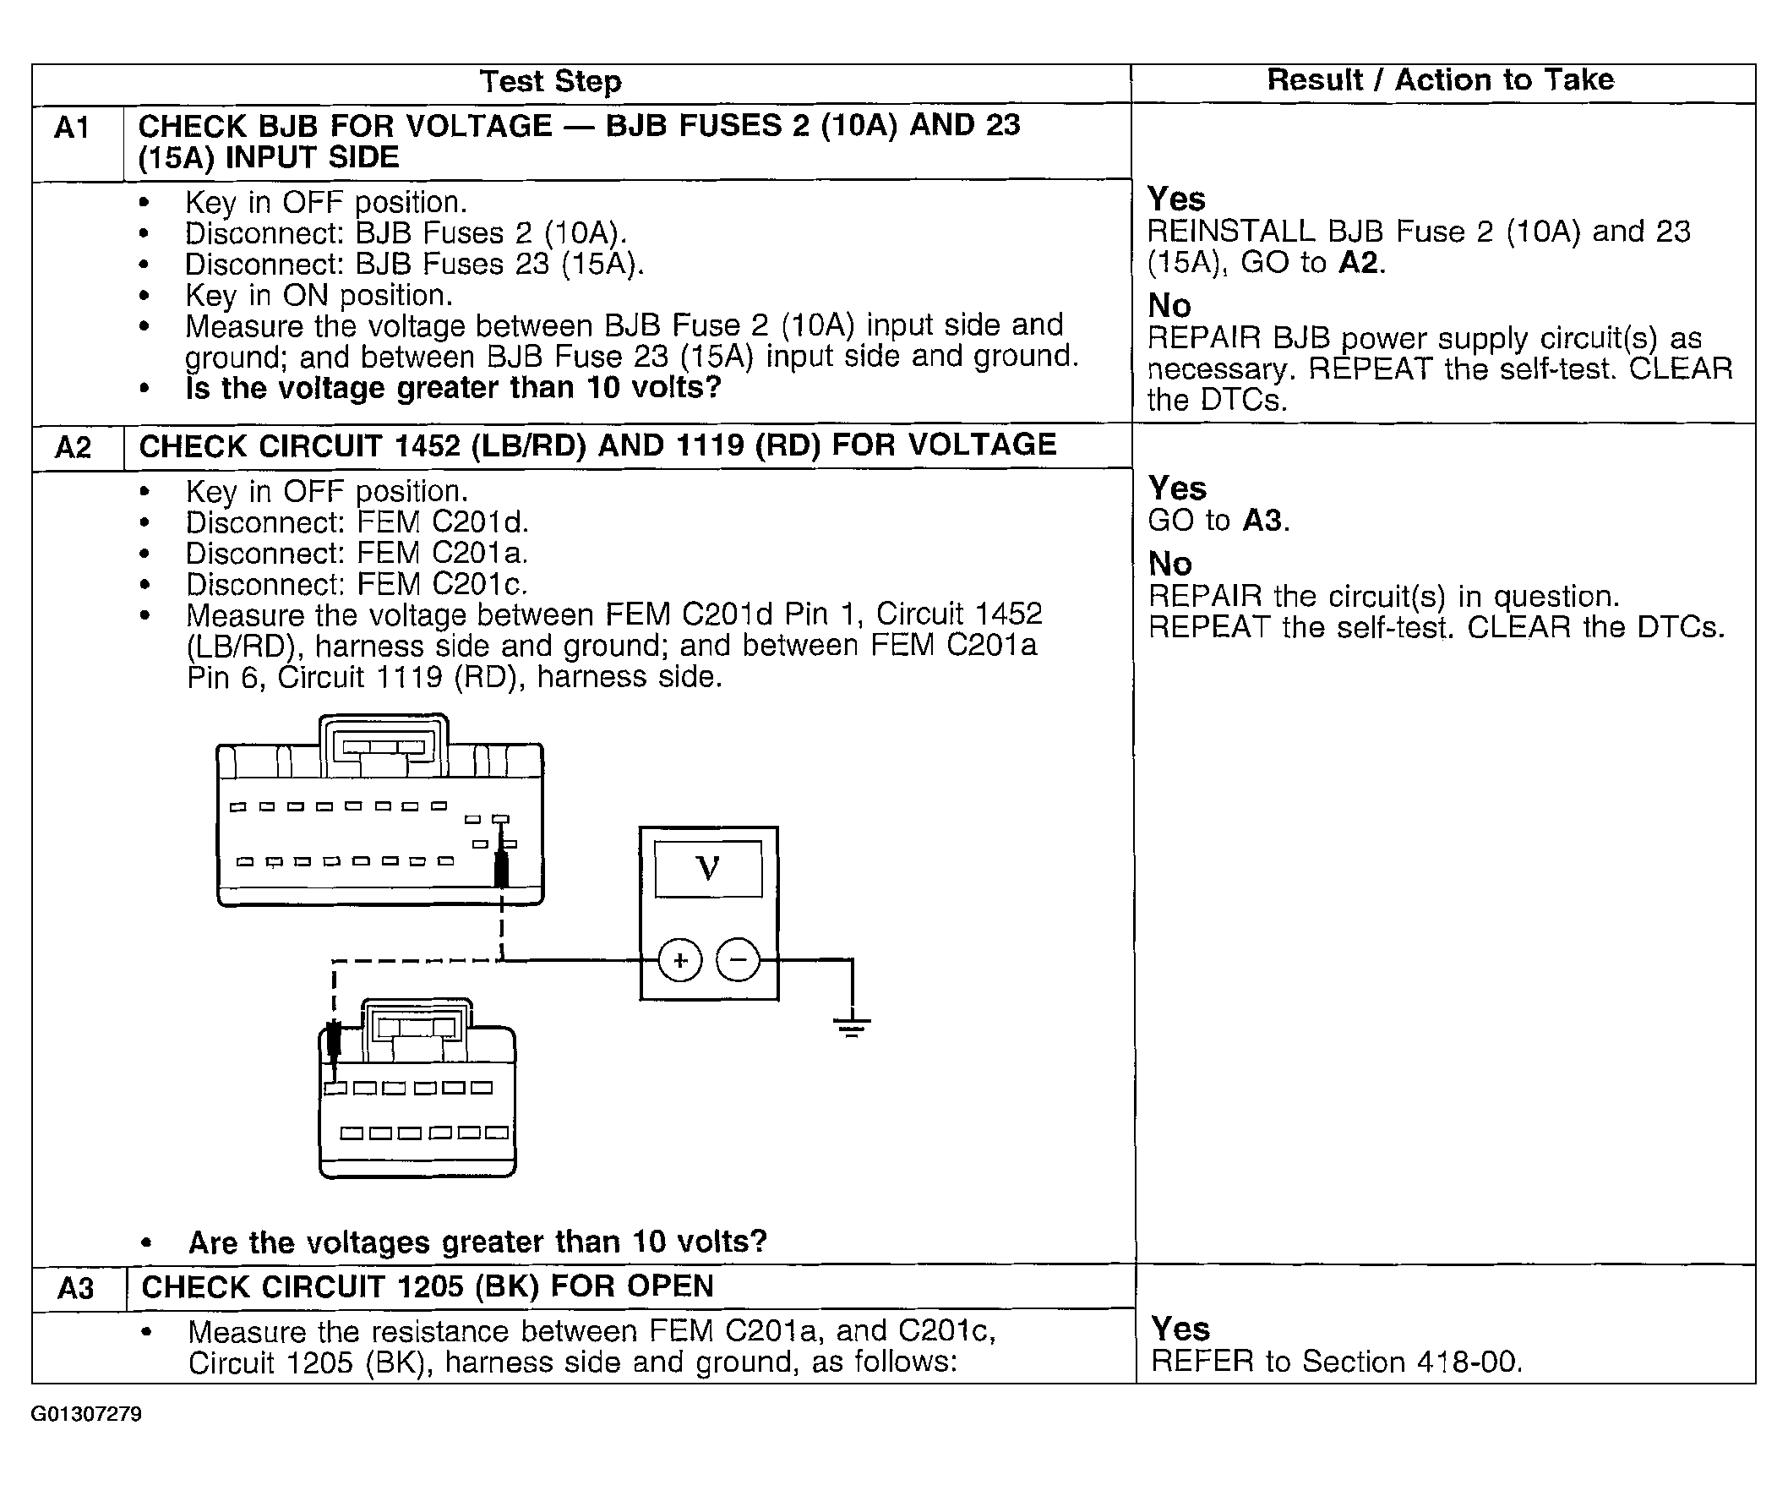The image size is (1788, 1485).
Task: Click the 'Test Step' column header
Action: click(551, 82)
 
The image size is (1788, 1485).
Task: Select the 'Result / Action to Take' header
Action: click(1440, 80)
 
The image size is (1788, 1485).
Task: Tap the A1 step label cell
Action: click(73, 128)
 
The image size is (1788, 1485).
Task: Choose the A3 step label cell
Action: click(76, 1287)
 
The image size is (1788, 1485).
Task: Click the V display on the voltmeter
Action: click(708, 869)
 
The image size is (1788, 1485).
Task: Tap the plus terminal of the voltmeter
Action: click(680, 960)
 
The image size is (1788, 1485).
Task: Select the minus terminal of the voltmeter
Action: click(738, 960)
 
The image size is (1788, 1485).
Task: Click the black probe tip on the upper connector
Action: click(501, 870)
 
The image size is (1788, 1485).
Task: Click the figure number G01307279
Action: click(87, 1414)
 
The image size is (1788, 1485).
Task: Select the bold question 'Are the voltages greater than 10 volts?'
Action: click(477, 1242)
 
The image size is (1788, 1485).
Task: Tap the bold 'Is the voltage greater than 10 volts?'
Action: click(453, 387)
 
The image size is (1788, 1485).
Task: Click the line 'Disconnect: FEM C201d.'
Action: click(357, 522)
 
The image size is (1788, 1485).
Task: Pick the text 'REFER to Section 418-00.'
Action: click(1336, 1362)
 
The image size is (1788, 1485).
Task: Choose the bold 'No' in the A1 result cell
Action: click(1169, 305)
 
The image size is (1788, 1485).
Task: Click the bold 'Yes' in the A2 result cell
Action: click(1177, 488)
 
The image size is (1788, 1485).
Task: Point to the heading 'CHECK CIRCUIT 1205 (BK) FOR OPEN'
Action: click(428, 1286)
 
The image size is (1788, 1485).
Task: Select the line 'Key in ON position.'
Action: click(319, 296)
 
